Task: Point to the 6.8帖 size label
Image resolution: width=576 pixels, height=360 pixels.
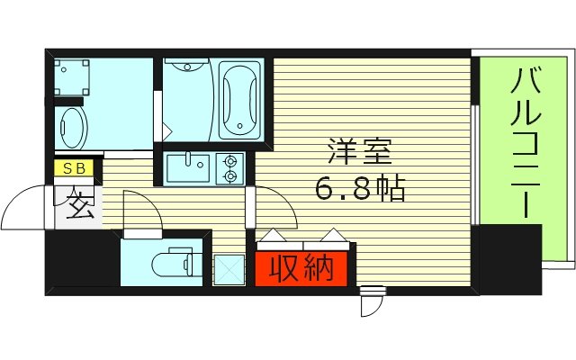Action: [x=359, y=189]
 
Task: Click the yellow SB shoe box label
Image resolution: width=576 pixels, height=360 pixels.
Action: [x=70, y=168]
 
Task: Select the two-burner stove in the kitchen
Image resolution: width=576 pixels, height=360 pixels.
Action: [x=230, y=168]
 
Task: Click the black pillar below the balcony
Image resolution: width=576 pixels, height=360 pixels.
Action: [x=511, y=261]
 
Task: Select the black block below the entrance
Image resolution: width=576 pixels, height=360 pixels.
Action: [x=81, y=259]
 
